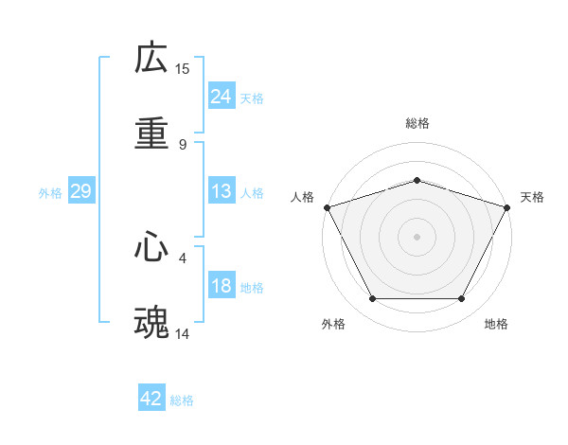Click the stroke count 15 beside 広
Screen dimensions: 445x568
pyautogui.click(x=183, y=68)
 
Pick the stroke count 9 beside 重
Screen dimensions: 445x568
pyautogui.click(x=183, y=145)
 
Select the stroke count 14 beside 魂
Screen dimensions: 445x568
pyautogui.click(x=183, y=333)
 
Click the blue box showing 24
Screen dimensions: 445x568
pyautogui.click(x=222, y=96)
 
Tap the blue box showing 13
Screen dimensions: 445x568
pyautogui.click(x=222, y=191)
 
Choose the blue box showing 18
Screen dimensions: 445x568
pyautogui.click(x=222, y=286)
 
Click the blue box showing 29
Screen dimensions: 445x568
pyautogui.click(x=80, y=191)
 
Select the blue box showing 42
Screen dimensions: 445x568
pyautogui.click(x=151, y=399)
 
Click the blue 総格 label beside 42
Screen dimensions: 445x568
pyautogui.click(x=182, y=400)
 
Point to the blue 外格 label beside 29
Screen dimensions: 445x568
pyautogui.click(x=50, y=193)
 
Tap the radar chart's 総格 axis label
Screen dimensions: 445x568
pyautogui.click(x=417, y=123)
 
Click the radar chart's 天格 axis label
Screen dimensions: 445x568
pyautogui.click(x=532, y=197)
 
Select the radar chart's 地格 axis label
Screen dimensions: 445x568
pyautogui.click(x=496, y=324)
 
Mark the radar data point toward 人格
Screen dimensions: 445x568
pyautogui.click(x=327, y=206)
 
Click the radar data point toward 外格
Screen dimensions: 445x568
pyautogui.click(x=372, y=299)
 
